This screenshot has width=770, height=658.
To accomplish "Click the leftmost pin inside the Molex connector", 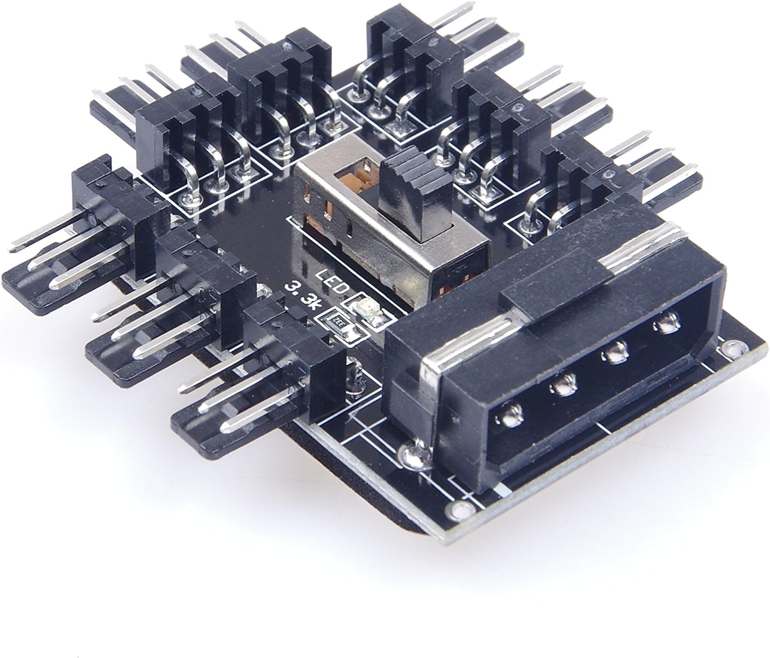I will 510,416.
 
